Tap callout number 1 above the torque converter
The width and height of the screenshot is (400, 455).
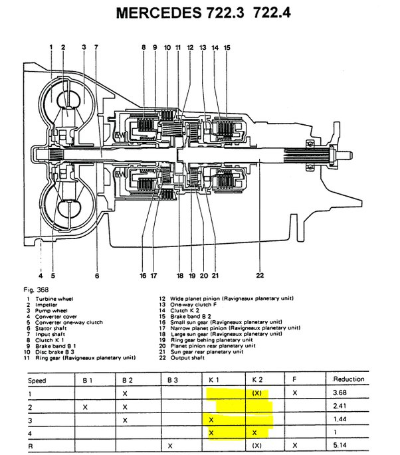click(50, 46)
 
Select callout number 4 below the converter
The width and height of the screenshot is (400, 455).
click(40, 275)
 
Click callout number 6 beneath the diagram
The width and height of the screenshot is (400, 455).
click(96, 276)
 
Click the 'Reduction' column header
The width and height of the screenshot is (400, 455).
click(348, 379)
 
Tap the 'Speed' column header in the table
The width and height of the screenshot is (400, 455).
click(37, 381)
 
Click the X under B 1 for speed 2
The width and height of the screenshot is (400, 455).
click(86, 406)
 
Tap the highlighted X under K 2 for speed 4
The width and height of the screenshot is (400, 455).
click(256, 432)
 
